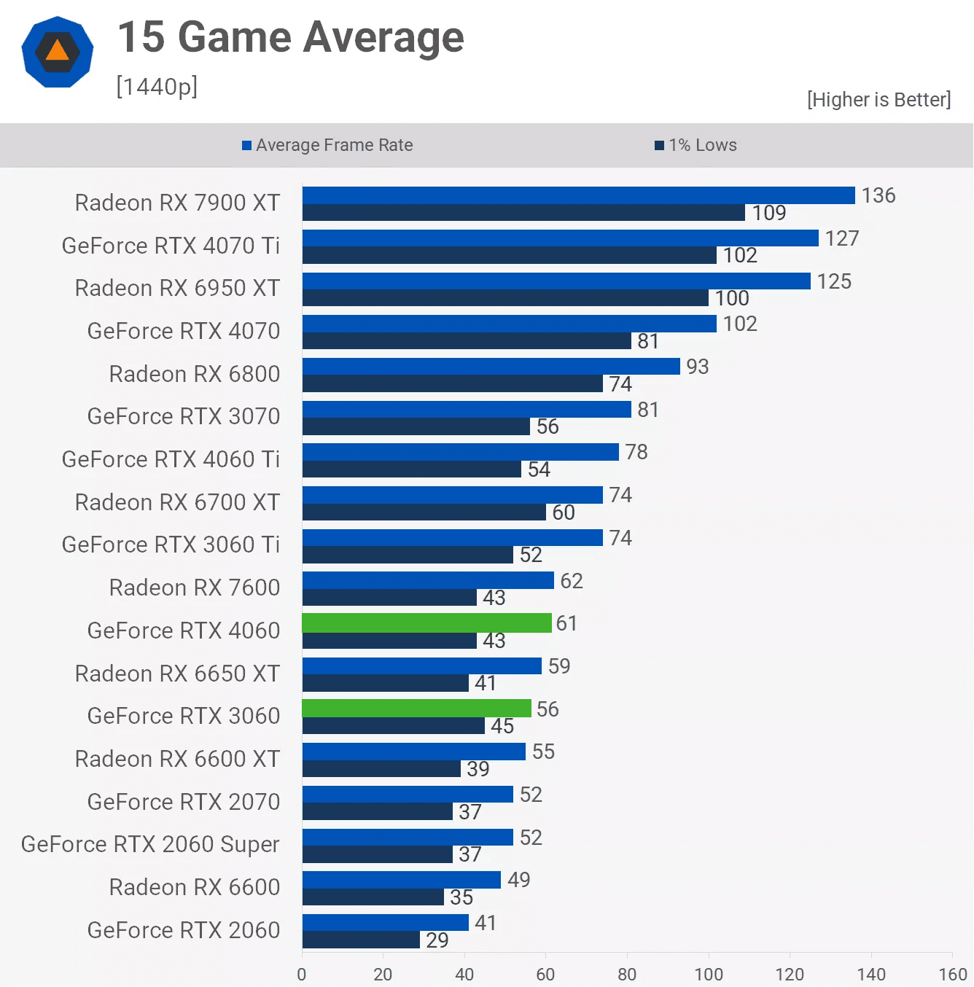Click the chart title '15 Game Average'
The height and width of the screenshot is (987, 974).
pyautogui.click(x=290, y=37)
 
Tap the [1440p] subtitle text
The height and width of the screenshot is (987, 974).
pyautogui.click(x=157, y=87)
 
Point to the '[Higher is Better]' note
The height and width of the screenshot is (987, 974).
pyautogui.click(x=878, y=100)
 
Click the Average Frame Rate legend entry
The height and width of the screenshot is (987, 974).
pyautogui.click(x=327, y=145)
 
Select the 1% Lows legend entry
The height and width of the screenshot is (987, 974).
pyautogui.click(x=696, y=145)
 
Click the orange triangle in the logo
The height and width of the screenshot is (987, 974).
pyautogui.click(x=57, y=51)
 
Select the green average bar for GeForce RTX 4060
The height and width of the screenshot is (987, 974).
pyautogui.click(x=426, y=623)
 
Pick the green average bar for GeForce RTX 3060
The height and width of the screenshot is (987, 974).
pyautogui.click(x=416, y=708)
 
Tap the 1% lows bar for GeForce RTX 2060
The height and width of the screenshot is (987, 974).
pyautogui.click(x=361, y=940)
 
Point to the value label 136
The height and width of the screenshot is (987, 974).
pyautogui.click(x=878, y=195)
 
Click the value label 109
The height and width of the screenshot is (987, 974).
pyautogui.click(x=768, y=213)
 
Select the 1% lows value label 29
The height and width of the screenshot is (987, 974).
pyautogui.click(x=437, y=940)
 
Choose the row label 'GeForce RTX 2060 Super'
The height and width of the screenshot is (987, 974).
pyautogui.click(x=150, y=844)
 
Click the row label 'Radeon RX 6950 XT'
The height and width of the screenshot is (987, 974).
pyautogui.click(x=177, y=288)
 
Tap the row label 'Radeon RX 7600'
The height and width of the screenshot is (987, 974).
pyautogui.click(x=194, y=588)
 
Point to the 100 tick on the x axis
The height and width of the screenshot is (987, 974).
pyautogui.click(x=708, y=974)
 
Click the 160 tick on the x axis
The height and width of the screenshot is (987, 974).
pyautogui.click(x=952, y=974)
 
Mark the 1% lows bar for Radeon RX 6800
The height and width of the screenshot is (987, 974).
pyautogui.click(x=452, y=383)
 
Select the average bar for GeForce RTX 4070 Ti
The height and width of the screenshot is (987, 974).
pyautogui.click(x=560, y=238)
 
